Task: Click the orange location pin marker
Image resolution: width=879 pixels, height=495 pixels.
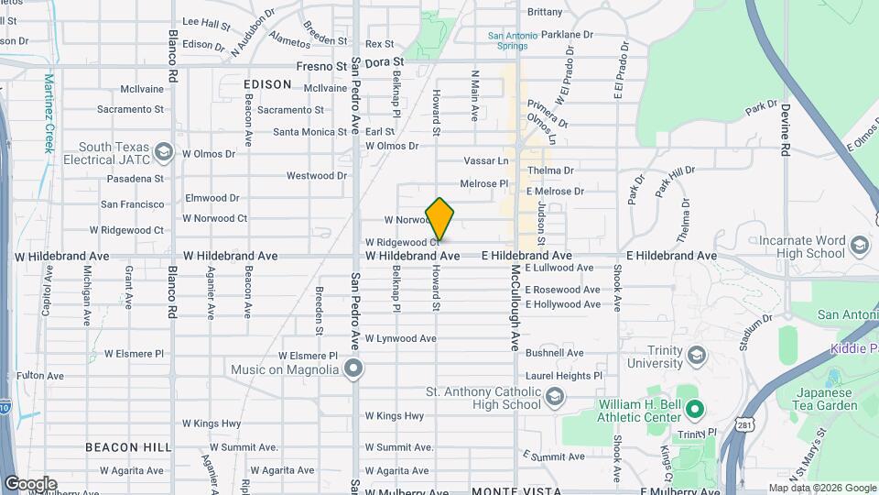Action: [x=439, y=218]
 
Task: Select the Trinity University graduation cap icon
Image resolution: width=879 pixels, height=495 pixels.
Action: [x=696, y=355]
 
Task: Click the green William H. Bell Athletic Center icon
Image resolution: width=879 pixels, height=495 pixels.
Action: [x=694, y=410]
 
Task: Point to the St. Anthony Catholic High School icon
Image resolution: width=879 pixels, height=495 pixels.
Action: [x=554, y=397]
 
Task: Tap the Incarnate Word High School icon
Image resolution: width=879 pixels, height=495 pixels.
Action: [x=859, y=246]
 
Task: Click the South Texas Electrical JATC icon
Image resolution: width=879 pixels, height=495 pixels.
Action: [x=164, y=151]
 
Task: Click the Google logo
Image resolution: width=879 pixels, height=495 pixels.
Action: [x=29, y=484]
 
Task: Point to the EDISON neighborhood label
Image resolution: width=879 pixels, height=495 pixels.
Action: [x=267, y=84]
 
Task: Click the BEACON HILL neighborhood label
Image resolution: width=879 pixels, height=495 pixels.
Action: [x=128, y=446]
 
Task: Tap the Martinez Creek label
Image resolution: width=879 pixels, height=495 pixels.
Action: [x=49, y=114]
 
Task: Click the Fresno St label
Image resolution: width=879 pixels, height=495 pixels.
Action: [x=321, y=66]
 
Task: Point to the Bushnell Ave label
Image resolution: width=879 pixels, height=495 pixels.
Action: [x=555, y=353]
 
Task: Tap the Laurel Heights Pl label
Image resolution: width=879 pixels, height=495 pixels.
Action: [x=564, y=376]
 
